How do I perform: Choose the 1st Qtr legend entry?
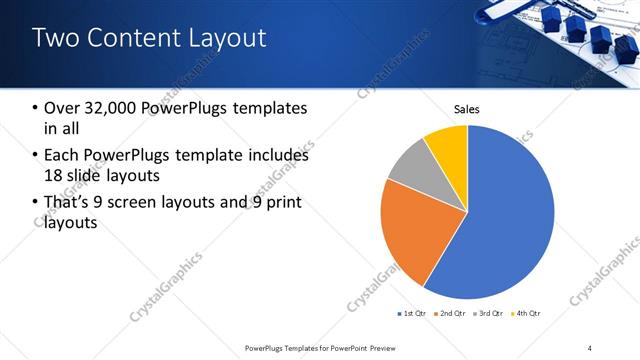[412, 314]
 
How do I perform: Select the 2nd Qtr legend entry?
[451, 314]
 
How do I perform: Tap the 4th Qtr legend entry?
[527, 314]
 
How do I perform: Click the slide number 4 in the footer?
[590, 347]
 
